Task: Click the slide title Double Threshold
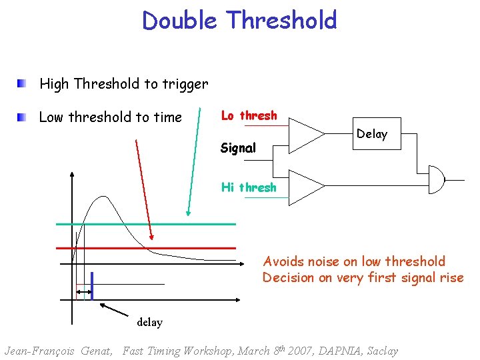click(x=239, y=20)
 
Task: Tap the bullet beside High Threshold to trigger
click(x=23, y=84)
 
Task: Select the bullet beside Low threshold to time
click(x=23, y=117)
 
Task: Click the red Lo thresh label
click(x=249, y=116)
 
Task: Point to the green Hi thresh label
click(x=249, y=187)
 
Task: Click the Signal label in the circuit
click(x=238, y=148)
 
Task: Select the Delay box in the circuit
click(x=371, y=134)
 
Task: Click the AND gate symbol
click(x=437, y=179)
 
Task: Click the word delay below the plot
click(x=149, y=322)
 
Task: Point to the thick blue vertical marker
click(x=91, y=285)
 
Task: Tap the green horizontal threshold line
click(x=160, y=224)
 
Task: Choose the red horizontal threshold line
click(x=160, y=247)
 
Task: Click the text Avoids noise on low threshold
click(x=354, y=261)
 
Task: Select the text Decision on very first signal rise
click(x=363, y=277)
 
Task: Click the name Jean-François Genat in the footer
click(x=58, y=351)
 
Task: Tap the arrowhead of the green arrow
click(x=189, y=213)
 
